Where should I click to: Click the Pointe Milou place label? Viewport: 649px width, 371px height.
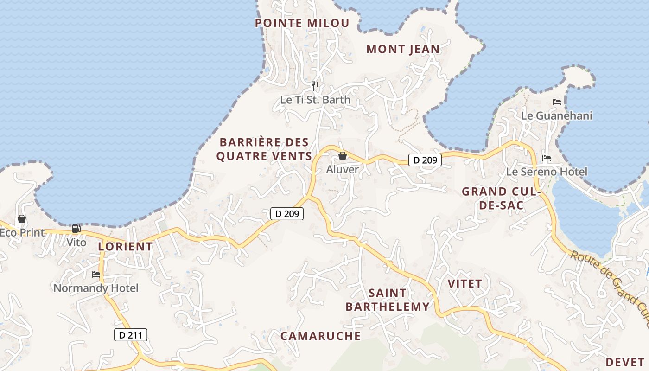point(302,23)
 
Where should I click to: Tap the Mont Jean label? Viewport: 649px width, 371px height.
point(403,49)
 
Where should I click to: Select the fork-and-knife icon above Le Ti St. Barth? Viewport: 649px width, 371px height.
point(315,86)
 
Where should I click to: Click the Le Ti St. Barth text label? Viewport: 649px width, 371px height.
point(315,100)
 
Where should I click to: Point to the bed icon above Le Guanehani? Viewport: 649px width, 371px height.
point(557,102)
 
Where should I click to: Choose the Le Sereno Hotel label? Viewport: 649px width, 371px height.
point(547,172)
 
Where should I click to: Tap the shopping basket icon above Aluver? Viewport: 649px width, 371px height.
point(343,156)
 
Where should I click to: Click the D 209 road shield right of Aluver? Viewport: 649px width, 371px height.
point(425,160)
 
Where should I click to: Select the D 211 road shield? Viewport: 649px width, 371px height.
point(131,335)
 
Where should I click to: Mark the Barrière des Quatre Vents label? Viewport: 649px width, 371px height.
point(264,149)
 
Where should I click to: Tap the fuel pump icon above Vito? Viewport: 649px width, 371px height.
point(76,229)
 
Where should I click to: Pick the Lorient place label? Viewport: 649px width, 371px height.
point(125,246)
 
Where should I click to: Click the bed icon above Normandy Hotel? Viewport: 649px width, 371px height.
point(96,275)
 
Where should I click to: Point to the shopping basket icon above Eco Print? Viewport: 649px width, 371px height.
point(22,219)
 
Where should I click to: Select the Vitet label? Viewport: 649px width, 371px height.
point(464,283)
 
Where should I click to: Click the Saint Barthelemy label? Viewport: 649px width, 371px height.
point(388,300)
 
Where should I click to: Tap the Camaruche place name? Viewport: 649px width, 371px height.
point(321,336)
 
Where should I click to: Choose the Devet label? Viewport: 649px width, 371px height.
point(625,362)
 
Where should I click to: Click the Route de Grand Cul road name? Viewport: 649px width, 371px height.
point(610,282)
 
